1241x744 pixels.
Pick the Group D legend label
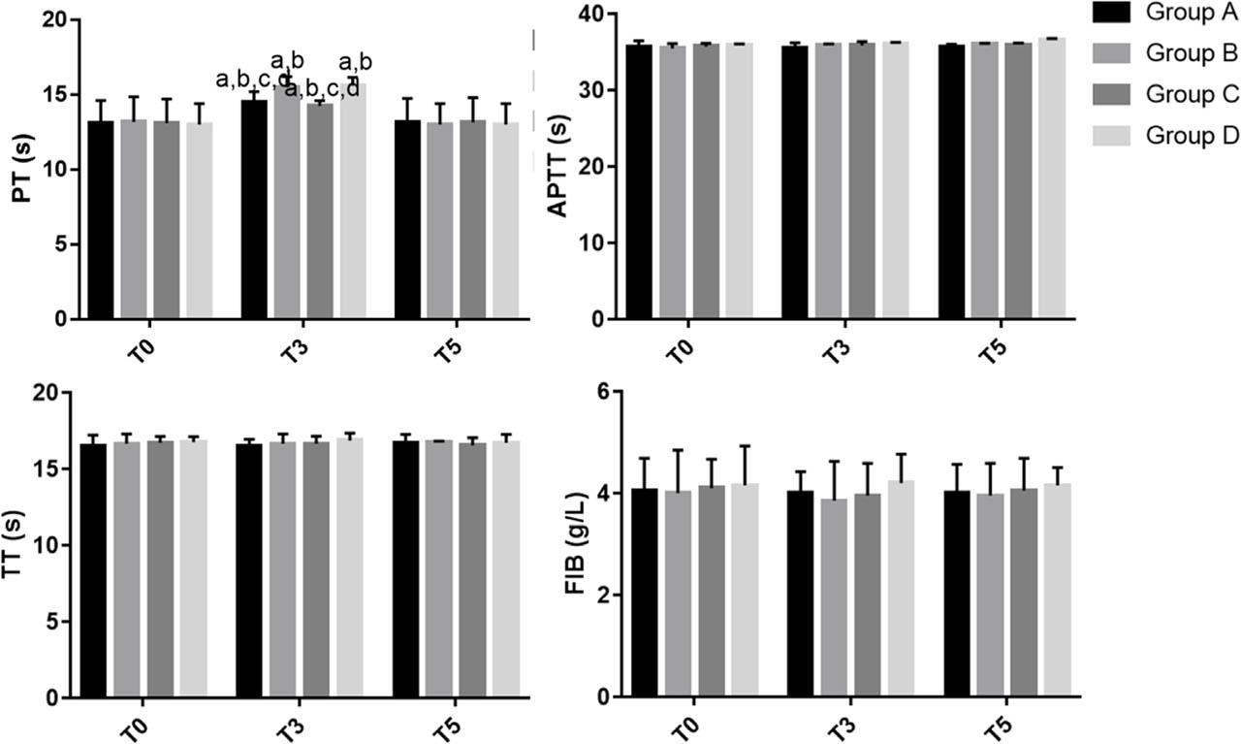1192,136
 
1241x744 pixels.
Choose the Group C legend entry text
1192,94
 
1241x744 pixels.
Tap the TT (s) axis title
21,545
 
